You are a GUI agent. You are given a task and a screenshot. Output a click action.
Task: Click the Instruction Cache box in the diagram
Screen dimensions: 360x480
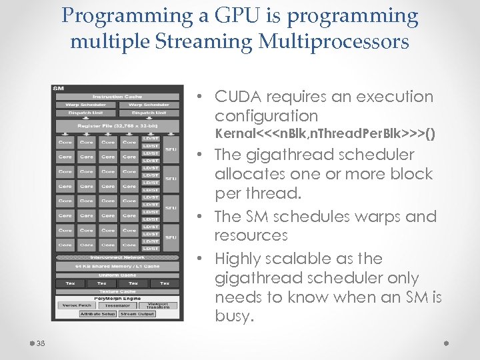point(117,97)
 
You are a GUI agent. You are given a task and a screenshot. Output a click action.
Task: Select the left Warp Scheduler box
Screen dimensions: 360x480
point(86,105)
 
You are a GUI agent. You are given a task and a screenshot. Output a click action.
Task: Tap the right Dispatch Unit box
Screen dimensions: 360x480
point(149,113)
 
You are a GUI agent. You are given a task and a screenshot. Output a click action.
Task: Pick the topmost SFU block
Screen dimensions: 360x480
point(171,149)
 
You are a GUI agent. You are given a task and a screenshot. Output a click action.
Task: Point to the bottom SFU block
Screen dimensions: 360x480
point(171,237)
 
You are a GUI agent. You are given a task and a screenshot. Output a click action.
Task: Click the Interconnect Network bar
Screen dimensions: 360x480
point(117,257)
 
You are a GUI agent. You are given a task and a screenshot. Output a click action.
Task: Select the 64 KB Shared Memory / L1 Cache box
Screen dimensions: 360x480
point(117,266)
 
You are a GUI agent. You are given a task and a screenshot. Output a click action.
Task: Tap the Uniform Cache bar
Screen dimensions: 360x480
point(117,275)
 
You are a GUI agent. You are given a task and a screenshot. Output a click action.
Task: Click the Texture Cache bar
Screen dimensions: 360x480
point(117,291)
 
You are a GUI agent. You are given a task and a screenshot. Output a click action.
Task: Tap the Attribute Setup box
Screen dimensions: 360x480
point(97,313)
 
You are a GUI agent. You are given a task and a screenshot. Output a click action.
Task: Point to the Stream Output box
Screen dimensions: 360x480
point(137,313)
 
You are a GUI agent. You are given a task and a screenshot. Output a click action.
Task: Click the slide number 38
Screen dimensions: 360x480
point(41,344)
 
